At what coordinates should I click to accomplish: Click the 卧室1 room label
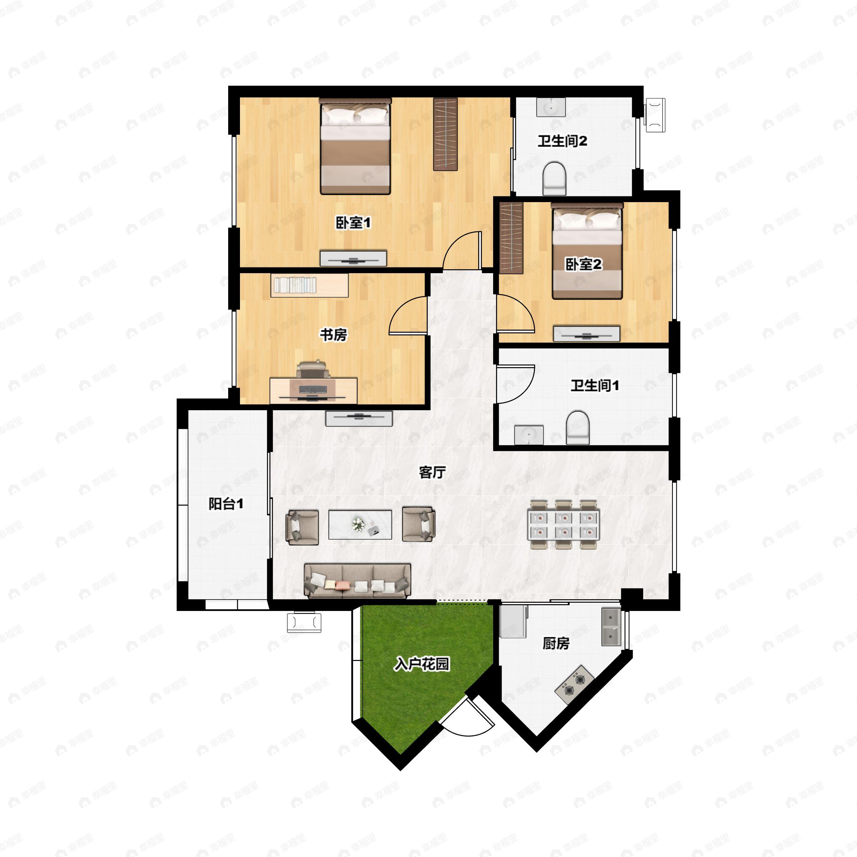point(353,223)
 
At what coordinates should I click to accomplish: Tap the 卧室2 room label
point(583,264)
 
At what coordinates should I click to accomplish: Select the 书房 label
point(334,335)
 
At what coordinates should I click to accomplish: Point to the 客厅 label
point(432,472)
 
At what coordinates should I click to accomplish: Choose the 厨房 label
point(556,643)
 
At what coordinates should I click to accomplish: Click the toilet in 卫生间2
point(555,178)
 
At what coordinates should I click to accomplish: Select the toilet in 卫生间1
point(578,427)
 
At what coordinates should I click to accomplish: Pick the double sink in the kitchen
point(611,627)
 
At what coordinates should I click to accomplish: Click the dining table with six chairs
point(563,525)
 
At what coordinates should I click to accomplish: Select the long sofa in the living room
point(357,581)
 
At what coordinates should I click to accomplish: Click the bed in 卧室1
point(355,146)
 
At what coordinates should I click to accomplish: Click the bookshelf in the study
point(310,285)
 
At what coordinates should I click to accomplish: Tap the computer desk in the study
point(314,390)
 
